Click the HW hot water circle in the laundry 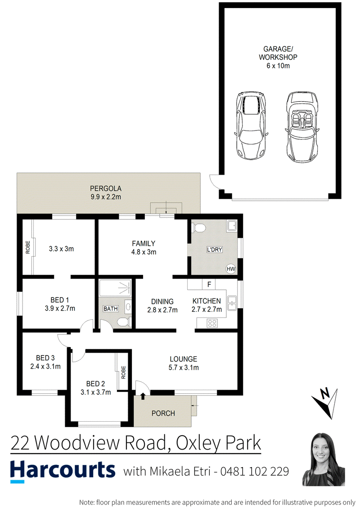[231, 269]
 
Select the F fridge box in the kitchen [209, 284]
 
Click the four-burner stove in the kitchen [212, 323]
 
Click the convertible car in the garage [301, 127]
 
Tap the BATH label [110, 308]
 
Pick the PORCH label [163, 413]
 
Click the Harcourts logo [63, 471]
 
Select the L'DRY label [215, 249]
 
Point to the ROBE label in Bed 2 [123, 372]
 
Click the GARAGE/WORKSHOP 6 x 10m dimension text [278, 66]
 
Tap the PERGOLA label [106, 188]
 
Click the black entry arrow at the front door [143, 396]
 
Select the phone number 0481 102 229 [255, 471]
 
